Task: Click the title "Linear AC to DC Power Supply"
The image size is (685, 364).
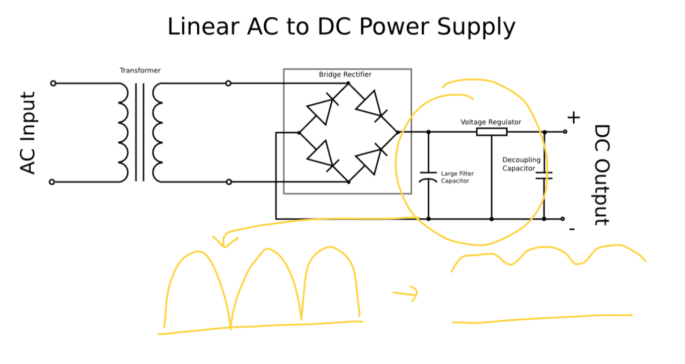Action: (341, 27)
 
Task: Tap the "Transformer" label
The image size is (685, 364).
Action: (140, 71)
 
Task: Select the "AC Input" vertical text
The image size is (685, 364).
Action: (28, 133)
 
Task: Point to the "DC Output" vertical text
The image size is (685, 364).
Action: (602, 175)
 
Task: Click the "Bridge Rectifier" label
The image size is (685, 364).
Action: (345, 75)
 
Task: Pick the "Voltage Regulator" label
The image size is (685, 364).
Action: (491, 122)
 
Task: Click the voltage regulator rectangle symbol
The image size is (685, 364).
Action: (492, 132)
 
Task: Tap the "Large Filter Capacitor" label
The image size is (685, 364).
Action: (457, 177)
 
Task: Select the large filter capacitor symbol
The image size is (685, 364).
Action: (428, 177)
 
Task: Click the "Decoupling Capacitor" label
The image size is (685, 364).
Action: (521, 164)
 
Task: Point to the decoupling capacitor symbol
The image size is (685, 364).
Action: (544, 175)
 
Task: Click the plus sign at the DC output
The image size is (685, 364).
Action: (573, 118)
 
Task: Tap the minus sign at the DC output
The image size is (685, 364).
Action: (572, 229)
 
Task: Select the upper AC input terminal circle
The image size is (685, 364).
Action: (53, 83)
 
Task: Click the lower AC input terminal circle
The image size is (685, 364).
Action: (52, 182)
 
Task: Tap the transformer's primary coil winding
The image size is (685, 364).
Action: (123, 133)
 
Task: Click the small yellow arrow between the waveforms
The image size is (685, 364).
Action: (406, 294)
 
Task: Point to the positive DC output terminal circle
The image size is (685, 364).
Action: (565, 132)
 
